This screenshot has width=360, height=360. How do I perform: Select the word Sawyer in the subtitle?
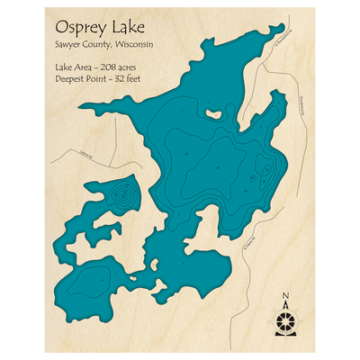[68, 46]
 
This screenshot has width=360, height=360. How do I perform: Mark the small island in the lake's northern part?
[213, 113]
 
